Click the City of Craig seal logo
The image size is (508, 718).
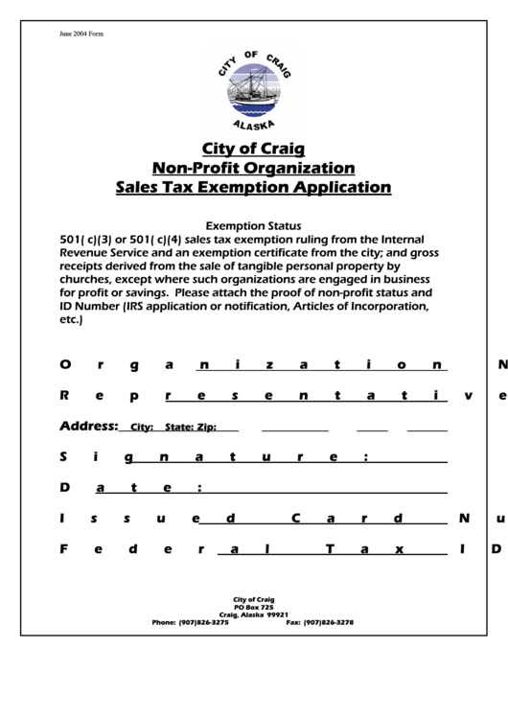(253, 90)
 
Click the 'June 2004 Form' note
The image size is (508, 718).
(81, 35)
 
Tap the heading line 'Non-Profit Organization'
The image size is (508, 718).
(253, 168)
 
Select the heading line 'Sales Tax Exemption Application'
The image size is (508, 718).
(253, 187)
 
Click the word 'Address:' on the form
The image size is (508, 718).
(89, 426)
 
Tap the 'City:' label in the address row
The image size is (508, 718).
(142, 428)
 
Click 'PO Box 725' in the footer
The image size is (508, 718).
(254, 607)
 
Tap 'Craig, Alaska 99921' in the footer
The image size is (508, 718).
(254, 614)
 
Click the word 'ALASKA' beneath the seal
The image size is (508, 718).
(254, 125)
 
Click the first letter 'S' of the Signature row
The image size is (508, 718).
(65, 456)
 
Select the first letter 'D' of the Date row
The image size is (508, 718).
(65, 487)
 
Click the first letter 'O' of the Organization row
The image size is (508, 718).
(65, 364)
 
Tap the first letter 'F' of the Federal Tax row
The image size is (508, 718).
(65, 549)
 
